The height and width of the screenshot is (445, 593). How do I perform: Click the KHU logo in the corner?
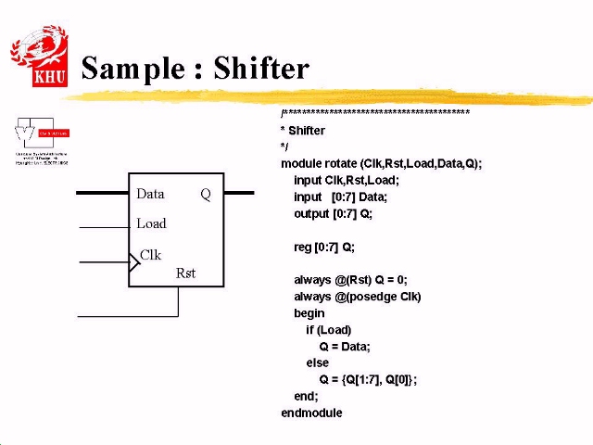(39, 57)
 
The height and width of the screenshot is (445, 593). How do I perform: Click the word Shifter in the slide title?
(260, 69)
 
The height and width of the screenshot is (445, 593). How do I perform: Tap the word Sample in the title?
(132, 69)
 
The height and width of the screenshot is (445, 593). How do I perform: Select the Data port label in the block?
(150, 194)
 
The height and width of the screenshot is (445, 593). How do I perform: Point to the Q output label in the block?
(206, 194)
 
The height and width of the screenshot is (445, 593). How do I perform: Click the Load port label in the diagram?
(151, 223)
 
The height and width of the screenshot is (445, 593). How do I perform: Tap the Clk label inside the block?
(150, 255)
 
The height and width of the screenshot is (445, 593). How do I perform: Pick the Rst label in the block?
(185, 273)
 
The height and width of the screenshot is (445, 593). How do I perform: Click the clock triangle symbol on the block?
(133, 262)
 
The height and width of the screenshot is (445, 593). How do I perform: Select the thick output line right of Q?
(239, 193)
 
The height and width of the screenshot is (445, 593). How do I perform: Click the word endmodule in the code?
(311, 413)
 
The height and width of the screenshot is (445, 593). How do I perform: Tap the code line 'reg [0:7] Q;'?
(324, 247)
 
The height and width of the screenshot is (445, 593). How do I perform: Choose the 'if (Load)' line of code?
(329, 329)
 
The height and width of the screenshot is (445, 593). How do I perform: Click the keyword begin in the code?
(309, 313)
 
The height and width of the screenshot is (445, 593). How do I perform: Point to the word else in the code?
(317, 362)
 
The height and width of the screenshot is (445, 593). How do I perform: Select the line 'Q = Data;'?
(345, 346)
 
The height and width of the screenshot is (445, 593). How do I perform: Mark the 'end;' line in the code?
(306, 396)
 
